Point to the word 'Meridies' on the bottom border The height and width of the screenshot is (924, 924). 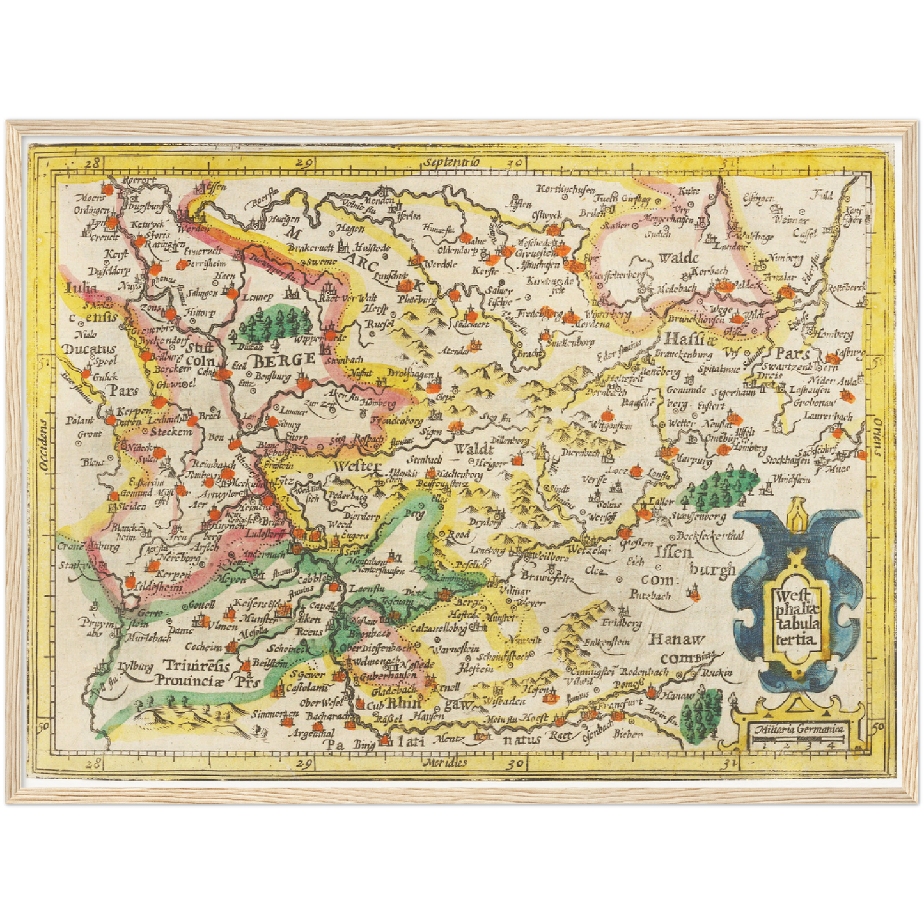[x=445, y=762]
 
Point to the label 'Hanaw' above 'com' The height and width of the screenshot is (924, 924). [x=677, y=639]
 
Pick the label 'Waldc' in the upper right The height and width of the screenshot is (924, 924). [x=678, y=258]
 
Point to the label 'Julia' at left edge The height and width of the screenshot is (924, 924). [x=81, y=288]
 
